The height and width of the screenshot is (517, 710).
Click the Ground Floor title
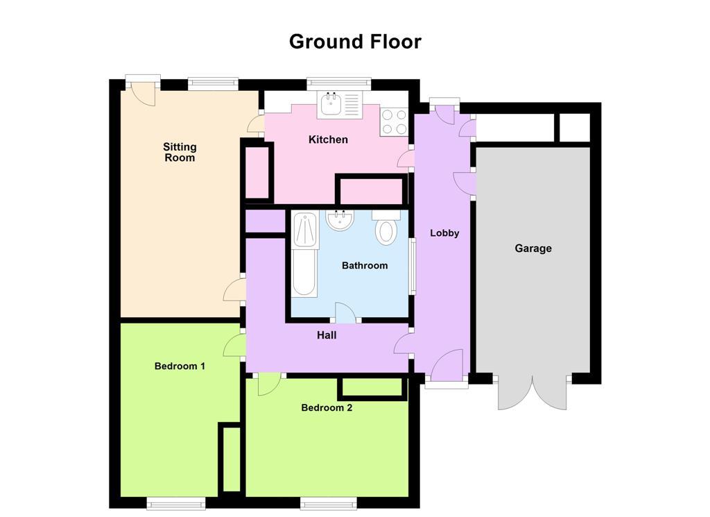(355, 42)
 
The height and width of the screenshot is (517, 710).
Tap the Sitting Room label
(180, 152)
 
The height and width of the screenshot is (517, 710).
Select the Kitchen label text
(328, 139)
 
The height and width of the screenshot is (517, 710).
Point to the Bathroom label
(365, 265)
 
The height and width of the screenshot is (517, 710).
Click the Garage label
(533, 248)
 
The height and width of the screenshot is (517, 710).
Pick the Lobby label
(444, 233)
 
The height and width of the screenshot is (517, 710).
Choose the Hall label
(327, 334)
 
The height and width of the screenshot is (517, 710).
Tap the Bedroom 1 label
(180, 366)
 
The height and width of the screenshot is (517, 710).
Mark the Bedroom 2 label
(327, 407)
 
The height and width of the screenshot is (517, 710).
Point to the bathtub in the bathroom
(304, 254)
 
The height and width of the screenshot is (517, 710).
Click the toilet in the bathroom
(386, 228)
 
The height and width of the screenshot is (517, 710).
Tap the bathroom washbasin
(340, 221)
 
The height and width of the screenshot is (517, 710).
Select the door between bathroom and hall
(345, 313)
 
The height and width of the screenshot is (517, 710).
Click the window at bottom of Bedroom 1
(176, 502)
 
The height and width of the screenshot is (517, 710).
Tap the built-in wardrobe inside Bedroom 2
(371, 388)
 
